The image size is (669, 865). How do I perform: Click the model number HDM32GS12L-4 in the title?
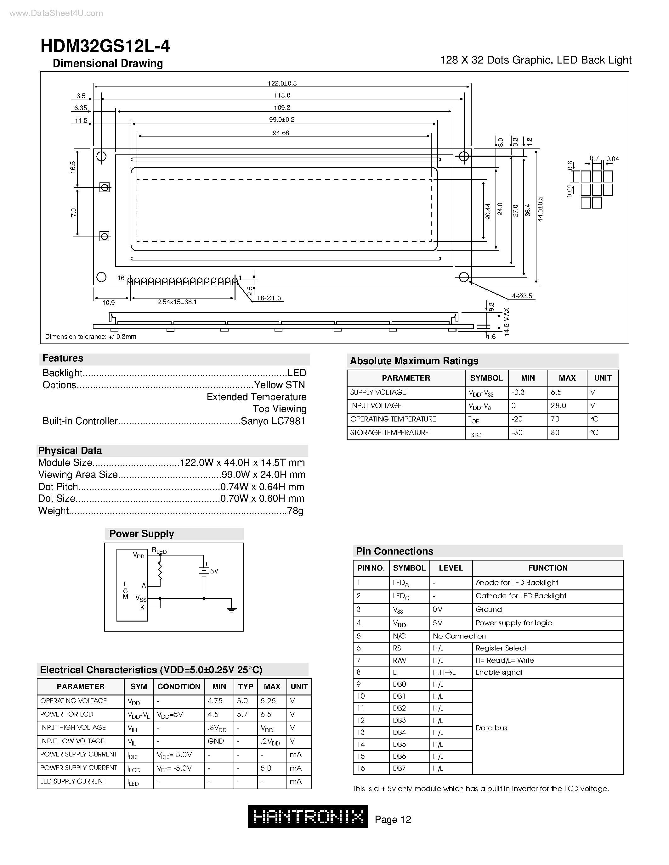[105, 46]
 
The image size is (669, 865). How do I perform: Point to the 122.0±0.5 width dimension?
[282, 83]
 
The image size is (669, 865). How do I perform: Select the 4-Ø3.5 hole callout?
[522, 296]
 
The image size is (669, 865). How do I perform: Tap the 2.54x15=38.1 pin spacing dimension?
[177, 302]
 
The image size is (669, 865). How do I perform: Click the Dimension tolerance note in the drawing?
[90, 337]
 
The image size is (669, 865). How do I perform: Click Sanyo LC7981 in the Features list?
[273, 421]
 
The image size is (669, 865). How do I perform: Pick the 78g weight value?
[295, 511]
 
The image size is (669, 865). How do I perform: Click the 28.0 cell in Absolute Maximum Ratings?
[558, 405]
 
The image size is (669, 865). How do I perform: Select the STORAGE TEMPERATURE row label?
[389, 433]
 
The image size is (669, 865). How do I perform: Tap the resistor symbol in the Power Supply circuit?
[160, 570]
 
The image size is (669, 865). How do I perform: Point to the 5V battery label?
[214, 571]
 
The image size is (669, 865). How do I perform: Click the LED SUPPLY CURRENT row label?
[73, 781]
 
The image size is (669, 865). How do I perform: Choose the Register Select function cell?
[501, 648]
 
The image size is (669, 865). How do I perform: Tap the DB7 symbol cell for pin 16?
[400, 768]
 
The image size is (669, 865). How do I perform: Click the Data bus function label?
[491, 728]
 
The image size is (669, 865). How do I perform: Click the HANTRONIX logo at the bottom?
[308, 816]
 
